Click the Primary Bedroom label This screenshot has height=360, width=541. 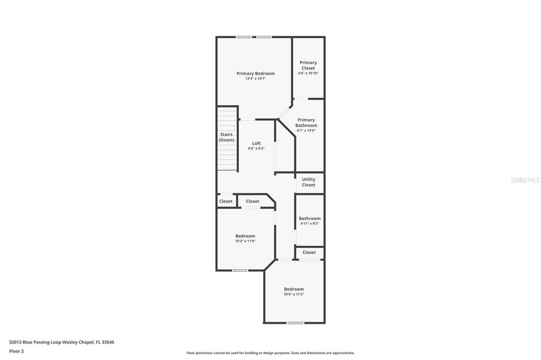tap(255, 73)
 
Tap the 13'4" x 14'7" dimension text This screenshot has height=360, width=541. tap(255, 79)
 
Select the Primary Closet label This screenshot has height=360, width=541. tap(308, 65)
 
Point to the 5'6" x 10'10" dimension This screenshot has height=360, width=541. tap(308, 73)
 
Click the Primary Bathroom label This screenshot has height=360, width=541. tap(306, 122)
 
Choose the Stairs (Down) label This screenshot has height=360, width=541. tap(226, 137)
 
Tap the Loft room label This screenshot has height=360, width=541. tap(256, 143)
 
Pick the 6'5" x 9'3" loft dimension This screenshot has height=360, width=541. tap(256, 149)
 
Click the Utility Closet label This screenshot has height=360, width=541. tap(309, 182)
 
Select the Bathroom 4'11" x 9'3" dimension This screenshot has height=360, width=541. tap(310, 223)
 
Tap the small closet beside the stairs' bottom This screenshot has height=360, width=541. tap(226, 201)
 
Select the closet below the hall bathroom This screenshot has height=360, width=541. tap(309, 252)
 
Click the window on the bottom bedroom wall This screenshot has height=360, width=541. tap(295, 323)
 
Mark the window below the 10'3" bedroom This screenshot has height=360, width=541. tap(240, 270)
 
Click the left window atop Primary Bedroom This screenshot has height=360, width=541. tap(244, 37)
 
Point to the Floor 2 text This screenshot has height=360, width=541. tap(16, 352)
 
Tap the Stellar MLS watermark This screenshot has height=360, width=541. tap(525, 180)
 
